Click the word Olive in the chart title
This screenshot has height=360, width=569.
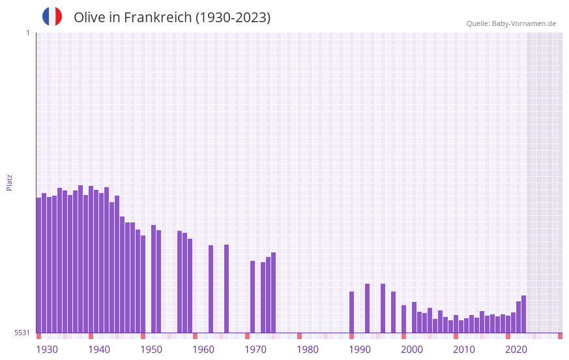(x=89, y=18)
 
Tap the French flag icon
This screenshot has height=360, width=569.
(x=52, y=17)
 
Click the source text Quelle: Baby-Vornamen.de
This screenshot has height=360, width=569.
(x=511, y=23)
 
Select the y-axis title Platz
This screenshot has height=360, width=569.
(x=9, y=182)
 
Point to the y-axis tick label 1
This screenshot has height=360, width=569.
(x=27, y=33)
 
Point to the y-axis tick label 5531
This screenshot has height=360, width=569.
(x=22, y=333)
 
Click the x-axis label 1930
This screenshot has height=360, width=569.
(x=47, y=350)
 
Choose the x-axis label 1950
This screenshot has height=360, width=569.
(x=151, y=350)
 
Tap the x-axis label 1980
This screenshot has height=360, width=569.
(x=308, y=350)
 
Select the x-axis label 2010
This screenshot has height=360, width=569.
(x=464, y=350)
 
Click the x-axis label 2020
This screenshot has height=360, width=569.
(x=516, y=350)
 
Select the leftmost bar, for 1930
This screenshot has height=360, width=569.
(x=38, y=265)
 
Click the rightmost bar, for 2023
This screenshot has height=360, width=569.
(x=523, y=314)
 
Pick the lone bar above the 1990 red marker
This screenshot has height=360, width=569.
(x=351, y=312)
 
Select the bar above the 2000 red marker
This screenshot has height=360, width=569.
(x=403, y=318)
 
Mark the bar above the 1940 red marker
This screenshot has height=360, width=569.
(x=91, y=259)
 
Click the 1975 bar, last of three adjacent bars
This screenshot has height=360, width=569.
(x=273, y=292)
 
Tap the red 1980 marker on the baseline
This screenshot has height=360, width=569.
(x=299, y=336)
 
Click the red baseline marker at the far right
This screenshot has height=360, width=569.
(x=560, y=336)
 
